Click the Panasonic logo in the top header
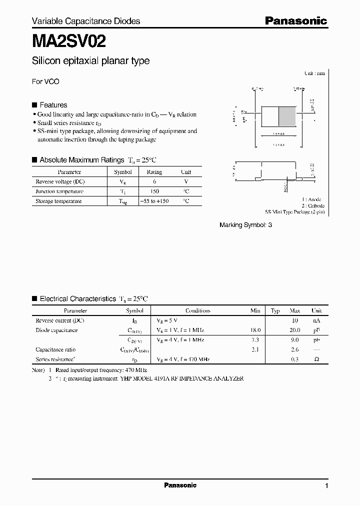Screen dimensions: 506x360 tap(295, 20)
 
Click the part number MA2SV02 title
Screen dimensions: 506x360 tap(68, 40)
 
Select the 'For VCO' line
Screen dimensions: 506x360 tap(45, 81)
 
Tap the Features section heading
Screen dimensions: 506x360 tap(53, 105)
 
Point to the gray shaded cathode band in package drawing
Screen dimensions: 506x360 tap(287, 117)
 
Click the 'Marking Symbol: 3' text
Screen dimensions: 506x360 tap(245, 225)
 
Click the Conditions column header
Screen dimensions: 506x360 tap(197, 310)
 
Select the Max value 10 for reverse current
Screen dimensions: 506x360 tap(295, 320)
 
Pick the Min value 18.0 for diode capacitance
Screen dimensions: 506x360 tap(255, 330)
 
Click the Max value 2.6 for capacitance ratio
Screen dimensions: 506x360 tap(295, 349)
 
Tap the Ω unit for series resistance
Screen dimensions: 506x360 tap(316, 359)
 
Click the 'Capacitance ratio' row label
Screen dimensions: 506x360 tap(55, 349)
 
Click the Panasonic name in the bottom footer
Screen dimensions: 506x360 tap(180, 485)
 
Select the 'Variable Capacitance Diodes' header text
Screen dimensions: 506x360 tap(85, 21)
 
